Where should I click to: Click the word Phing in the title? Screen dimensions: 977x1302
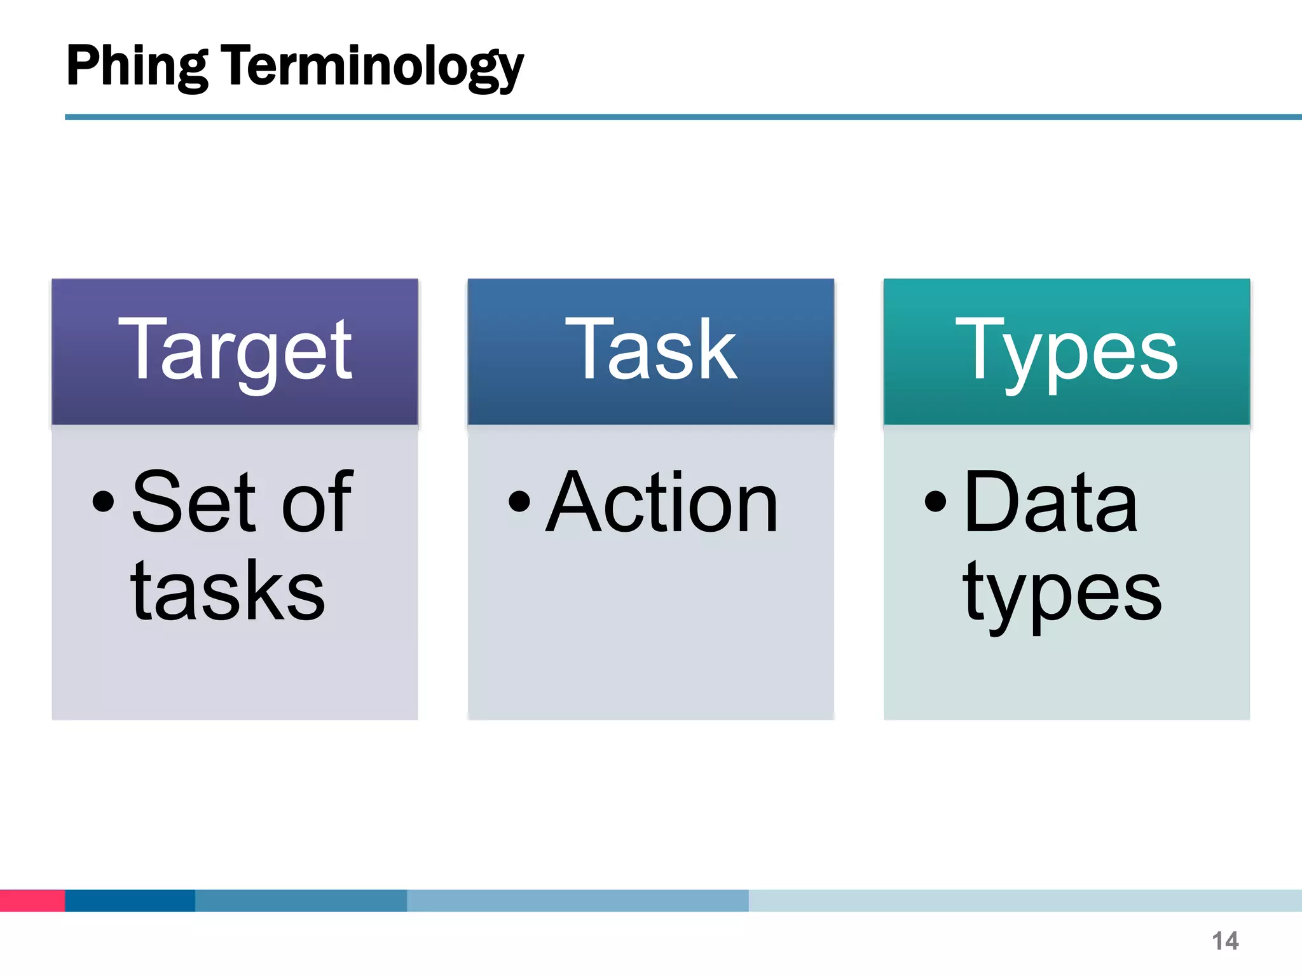(x=136, y=67)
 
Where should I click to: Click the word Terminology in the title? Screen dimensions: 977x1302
(x=372, y=67)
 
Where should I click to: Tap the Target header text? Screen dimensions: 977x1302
(x=235, y=351)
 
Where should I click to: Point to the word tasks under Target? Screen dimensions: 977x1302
(x=228, y=592)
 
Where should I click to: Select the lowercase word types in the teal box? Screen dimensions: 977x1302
(x=1062, y=595)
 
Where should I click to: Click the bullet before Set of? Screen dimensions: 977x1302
(x=103, y=501)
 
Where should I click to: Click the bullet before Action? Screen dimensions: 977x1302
(x=519, y=501)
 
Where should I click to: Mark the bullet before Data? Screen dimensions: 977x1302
(x=935, y=501)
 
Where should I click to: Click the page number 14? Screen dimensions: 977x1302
(x=1224, y=941)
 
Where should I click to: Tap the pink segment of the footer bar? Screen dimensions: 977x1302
(x=32, y=901)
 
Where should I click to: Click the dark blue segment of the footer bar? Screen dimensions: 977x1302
(x=130, y=901)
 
